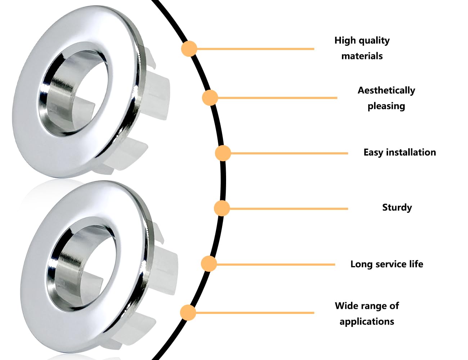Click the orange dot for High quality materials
coord(189,49)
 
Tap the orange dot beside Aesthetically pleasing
coord(210,98)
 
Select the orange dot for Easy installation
coord(223,153)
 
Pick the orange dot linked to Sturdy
coord(222,208)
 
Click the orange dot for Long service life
coord(209,264)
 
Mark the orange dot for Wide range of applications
coord(188,312)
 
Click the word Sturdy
coord(397,208)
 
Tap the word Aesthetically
coord(386,90)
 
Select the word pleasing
coord(386,106)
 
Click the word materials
coord(362,56)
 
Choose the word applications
coord(367,322)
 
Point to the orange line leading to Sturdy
coord(289,208)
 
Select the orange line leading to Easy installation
coord(289,153)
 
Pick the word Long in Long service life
coord(362,264)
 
